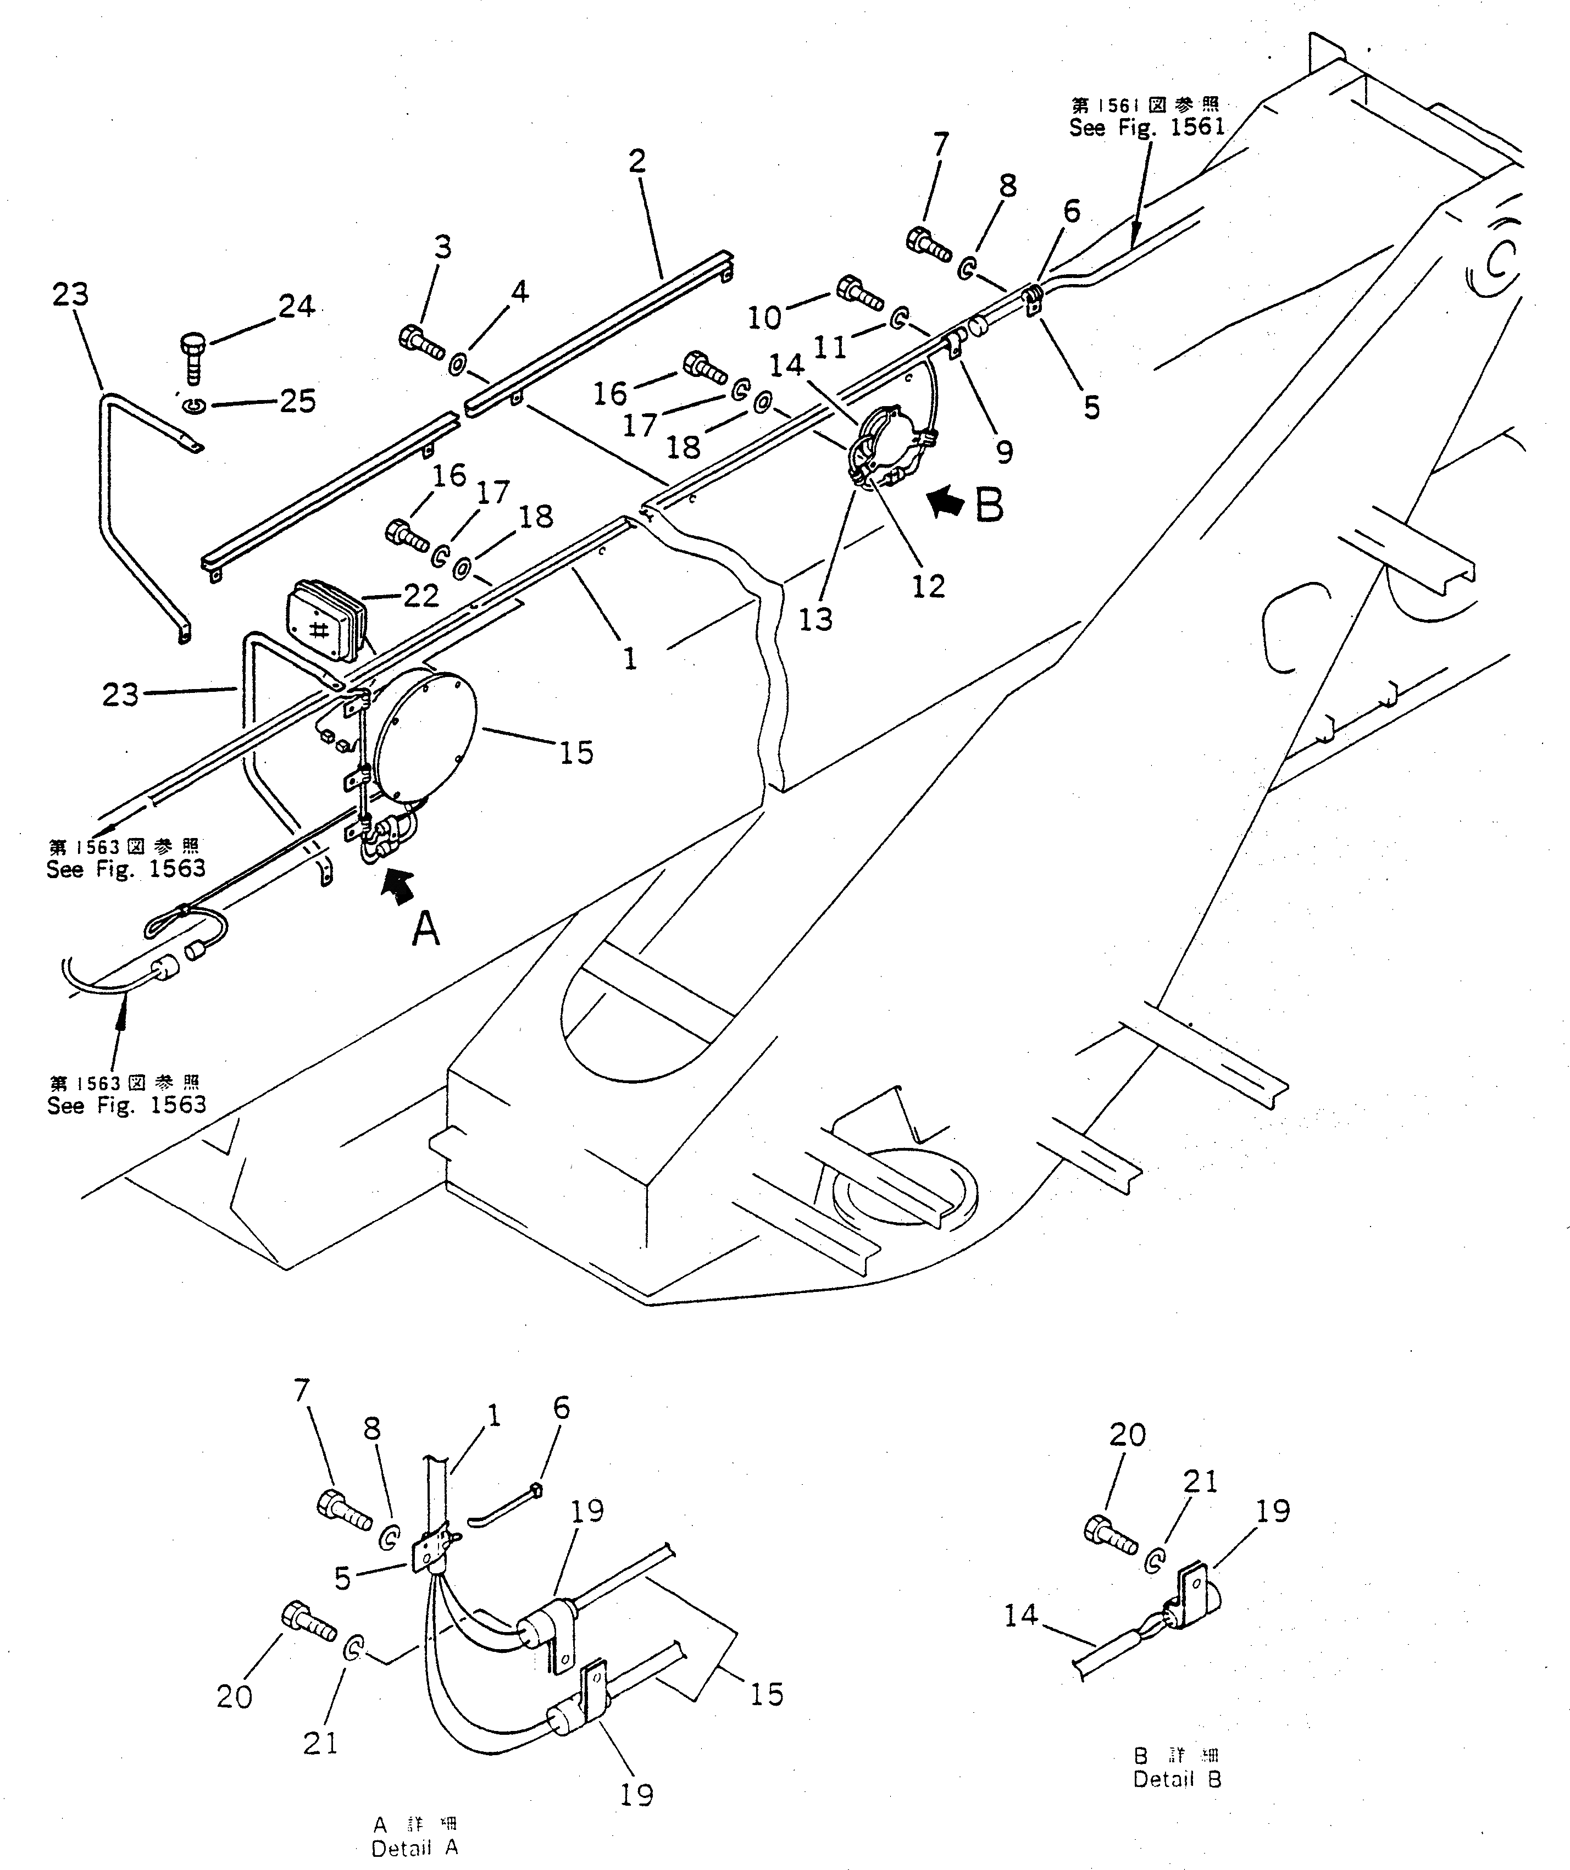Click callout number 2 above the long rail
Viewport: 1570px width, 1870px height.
(x=637, y=161)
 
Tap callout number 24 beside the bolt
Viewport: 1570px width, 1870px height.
(x=297, y=306)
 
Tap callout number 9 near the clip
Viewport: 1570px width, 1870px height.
(x=1005, y=452)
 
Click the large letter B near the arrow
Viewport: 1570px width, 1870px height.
(x=989, y=505)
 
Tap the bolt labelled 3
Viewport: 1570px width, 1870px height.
(x=420, y=341)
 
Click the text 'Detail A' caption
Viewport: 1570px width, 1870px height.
(x=415, y=1847)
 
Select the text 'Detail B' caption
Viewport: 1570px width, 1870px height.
(x=1177, y=1779)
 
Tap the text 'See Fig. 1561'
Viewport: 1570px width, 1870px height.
(x=1147, y=127)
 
